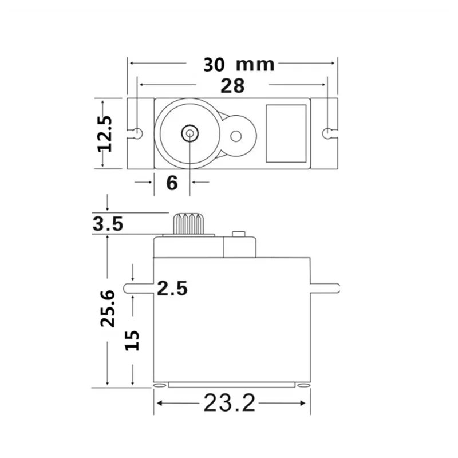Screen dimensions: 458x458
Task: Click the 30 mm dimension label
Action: pos(239,64)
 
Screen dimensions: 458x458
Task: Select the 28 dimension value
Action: pos(232,86)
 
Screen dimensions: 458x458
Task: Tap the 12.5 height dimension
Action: pos(106,133)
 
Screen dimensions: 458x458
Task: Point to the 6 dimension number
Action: pos(172,183)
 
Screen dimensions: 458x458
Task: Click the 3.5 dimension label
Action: pos(108,224)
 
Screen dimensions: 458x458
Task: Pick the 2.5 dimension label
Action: pos(172,288)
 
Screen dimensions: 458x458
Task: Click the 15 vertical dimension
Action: pos(132,340)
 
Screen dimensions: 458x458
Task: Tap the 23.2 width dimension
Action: pos(228,404)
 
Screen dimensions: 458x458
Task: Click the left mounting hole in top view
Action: pos(137,133)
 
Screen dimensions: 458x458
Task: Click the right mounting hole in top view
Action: pos(326,133)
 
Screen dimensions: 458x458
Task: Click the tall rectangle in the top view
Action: pos(286,133)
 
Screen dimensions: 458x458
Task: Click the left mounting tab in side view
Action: pos(138,288)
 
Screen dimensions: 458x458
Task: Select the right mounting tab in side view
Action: pos(325,288)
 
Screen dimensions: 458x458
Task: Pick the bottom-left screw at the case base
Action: pos(161,385)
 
